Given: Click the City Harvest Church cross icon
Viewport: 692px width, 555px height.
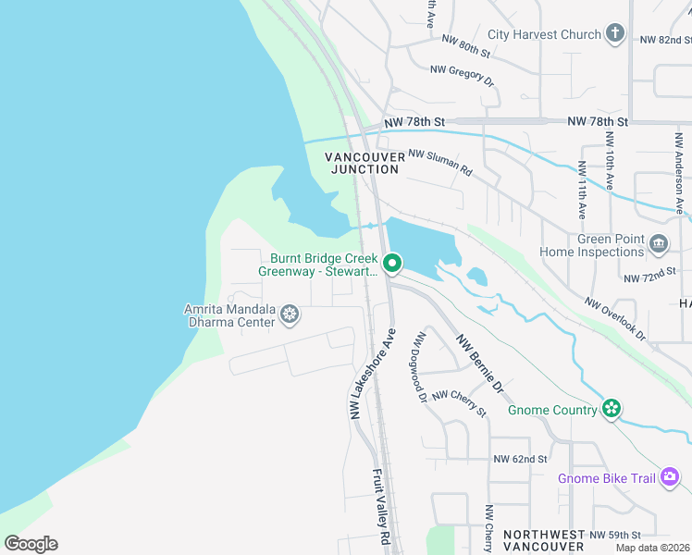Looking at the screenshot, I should (615, 34).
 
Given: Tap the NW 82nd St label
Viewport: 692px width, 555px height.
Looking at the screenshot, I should (665, 41).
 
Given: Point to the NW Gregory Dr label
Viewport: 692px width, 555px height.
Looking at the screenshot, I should (463, 74).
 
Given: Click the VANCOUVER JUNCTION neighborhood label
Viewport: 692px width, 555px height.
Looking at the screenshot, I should (365, 163).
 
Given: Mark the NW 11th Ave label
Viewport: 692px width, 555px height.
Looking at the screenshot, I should (581, 191).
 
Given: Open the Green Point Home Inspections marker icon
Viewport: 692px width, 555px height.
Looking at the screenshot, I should (658, 244).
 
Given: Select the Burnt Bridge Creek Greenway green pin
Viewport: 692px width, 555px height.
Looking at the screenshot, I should (391, 265).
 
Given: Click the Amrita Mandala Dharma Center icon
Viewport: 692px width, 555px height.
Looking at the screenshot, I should (290, 315).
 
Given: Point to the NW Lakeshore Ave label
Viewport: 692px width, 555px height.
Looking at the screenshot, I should (373, 374).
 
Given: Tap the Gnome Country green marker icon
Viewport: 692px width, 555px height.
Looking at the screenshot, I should (610, 409).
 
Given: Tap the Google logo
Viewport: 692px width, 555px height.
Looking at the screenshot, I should (31, 544).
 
